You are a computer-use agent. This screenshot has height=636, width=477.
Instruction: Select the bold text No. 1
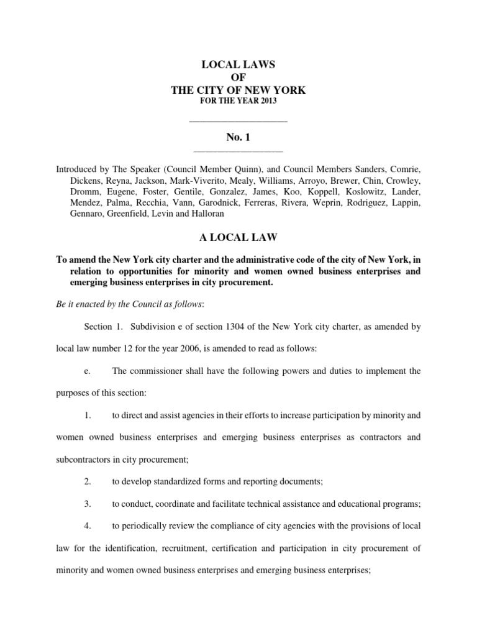coord(238,136)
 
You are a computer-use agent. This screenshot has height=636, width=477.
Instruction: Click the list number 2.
coord(88,481)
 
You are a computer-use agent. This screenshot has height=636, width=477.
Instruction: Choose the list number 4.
coord(88,525)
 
